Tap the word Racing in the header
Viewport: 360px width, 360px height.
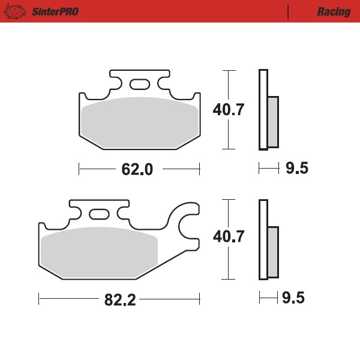[x=334, y=12]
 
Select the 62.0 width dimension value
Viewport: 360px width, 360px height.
[x=137, y=169]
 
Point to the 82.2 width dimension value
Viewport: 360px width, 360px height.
[x=121, y=299]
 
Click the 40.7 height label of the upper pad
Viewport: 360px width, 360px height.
[x=229, y=110]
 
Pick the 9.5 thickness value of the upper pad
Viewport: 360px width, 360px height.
[x=296, y=169]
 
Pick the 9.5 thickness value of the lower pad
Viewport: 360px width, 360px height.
[x=296, y=298]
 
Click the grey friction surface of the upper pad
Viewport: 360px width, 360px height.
[x=140, y=120]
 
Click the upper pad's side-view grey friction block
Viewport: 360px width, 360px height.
[x=272, y=122]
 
